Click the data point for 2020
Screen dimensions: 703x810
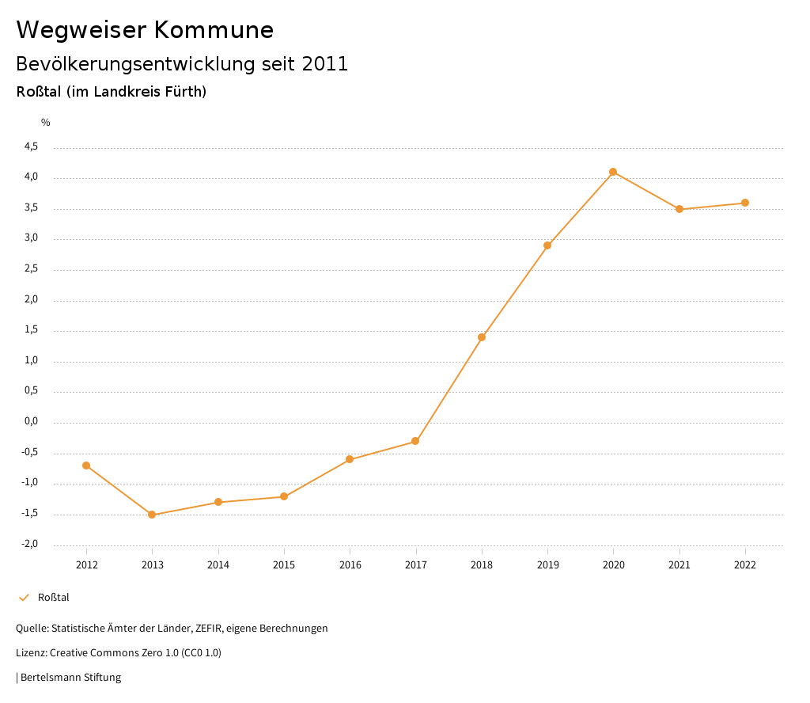pos(613,172)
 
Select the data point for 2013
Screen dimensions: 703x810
pos(152,515)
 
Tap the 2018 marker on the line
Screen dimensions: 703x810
pos(482,337)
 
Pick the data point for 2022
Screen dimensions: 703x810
pos(745,203)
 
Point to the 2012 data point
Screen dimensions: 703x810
pos(86,465)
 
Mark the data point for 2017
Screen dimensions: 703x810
pos(415,441)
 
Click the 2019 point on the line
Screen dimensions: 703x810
pos(547,245)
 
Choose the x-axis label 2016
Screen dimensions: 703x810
pos(350,565)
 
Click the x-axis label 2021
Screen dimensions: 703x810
pos(679,565)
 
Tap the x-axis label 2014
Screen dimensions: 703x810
pos(218,565)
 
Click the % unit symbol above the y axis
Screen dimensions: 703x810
pos(46,123)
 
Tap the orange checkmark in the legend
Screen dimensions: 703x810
pos(24,598)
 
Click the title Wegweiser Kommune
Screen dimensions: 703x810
pos(145,30)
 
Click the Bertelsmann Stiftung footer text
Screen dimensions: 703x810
pos(70,678)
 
